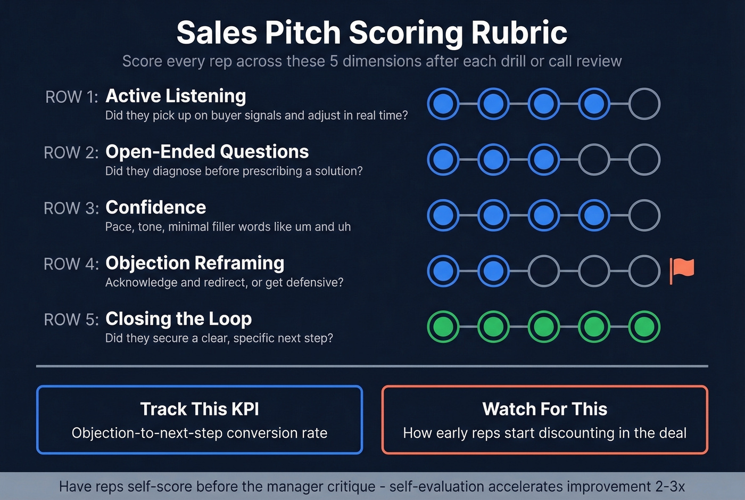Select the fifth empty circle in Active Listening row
(x=644, y=104)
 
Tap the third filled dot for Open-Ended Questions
(x=543, y=160)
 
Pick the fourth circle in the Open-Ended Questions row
(x=594, y=160)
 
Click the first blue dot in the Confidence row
(x=443, y=215)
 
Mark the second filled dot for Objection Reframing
(x=493, y=271)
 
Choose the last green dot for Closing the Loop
(x=644, y=326)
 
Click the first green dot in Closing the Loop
(x=443, y=326)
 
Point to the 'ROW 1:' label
(x=72, y=97)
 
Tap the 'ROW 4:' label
(x=71, y=264)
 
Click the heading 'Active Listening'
(x=176, y=96)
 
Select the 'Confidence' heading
(x=155, y=207)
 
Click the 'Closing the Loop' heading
(x=178, y=318)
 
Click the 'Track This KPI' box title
(x=200, y=409)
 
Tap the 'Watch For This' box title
(x=544, y=409)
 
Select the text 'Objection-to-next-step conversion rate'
(x=200, y=433)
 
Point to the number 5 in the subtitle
(x=334, y=61)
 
